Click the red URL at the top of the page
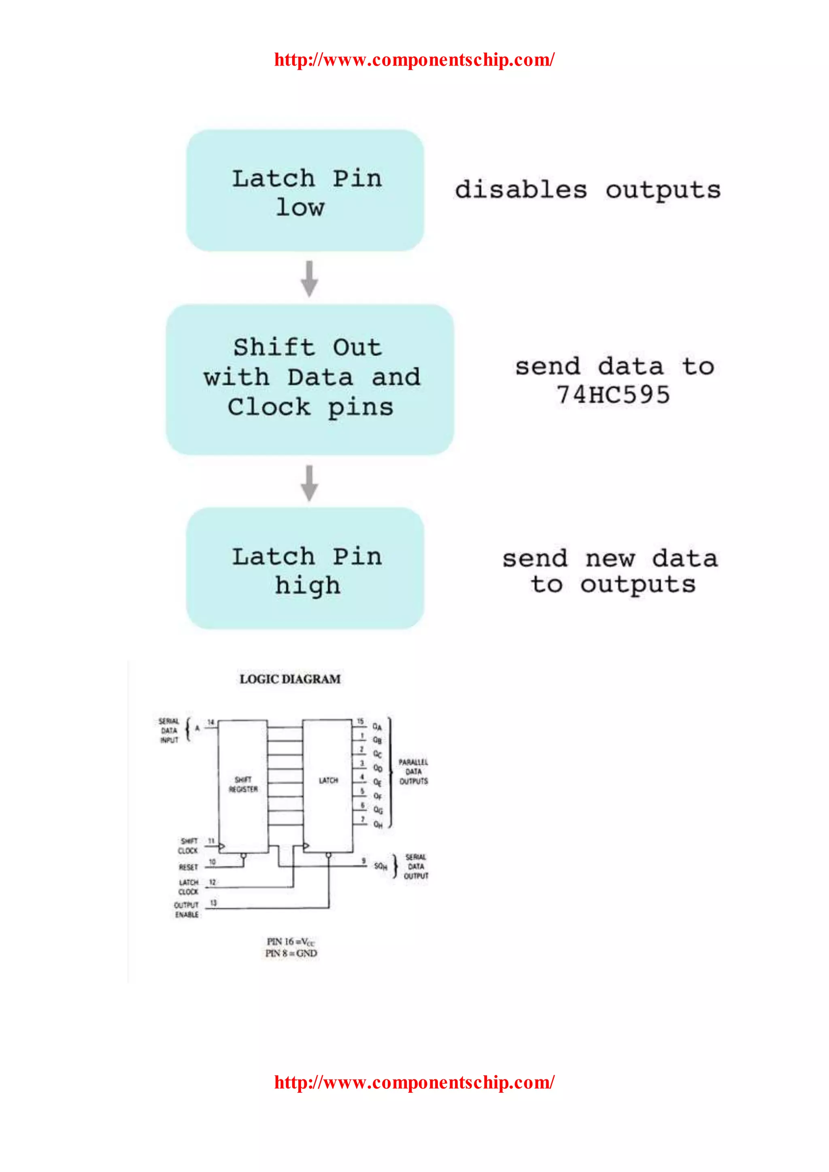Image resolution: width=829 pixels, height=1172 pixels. (x=414, y=60)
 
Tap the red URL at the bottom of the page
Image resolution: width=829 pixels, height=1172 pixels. (x=414, y=1082)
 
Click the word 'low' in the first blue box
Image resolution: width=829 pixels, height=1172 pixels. (x=300, y=208)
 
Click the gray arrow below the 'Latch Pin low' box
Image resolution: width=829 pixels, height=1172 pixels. (x=309, y=279)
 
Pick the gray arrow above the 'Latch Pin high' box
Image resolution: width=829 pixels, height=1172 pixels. (x=309, y=483)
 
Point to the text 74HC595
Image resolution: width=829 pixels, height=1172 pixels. (x=613, y=395)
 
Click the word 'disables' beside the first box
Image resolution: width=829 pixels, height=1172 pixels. (x=521, y=190)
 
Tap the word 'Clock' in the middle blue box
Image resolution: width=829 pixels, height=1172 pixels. (x=269, y=408)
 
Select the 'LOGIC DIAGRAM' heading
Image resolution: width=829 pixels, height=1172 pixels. (x=290, y=679)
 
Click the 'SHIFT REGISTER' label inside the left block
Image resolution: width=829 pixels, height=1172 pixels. (x=243, y=785)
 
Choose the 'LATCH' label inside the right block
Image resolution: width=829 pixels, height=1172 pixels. (x=328, y=781)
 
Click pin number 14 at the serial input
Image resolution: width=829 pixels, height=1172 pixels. (x=211, y=722)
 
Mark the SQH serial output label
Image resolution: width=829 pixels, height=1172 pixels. (x=380, y=866)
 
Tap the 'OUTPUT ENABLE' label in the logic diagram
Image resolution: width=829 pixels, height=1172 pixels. (x=186, y=910)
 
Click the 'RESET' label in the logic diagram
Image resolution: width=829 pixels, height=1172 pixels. (x=188, y=867)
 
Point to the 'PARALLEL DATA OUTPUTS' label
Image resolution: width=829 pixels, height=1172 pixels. (x=413, y=772)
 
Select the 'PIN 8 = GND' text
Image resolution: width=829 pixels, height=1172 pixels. (x=291, y=953)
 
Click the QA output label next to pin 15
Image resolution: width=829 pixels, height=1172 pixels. (x=377, y=726)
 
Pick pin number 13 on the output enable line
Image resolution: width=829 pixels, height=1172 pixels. (x=213, y=903)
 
